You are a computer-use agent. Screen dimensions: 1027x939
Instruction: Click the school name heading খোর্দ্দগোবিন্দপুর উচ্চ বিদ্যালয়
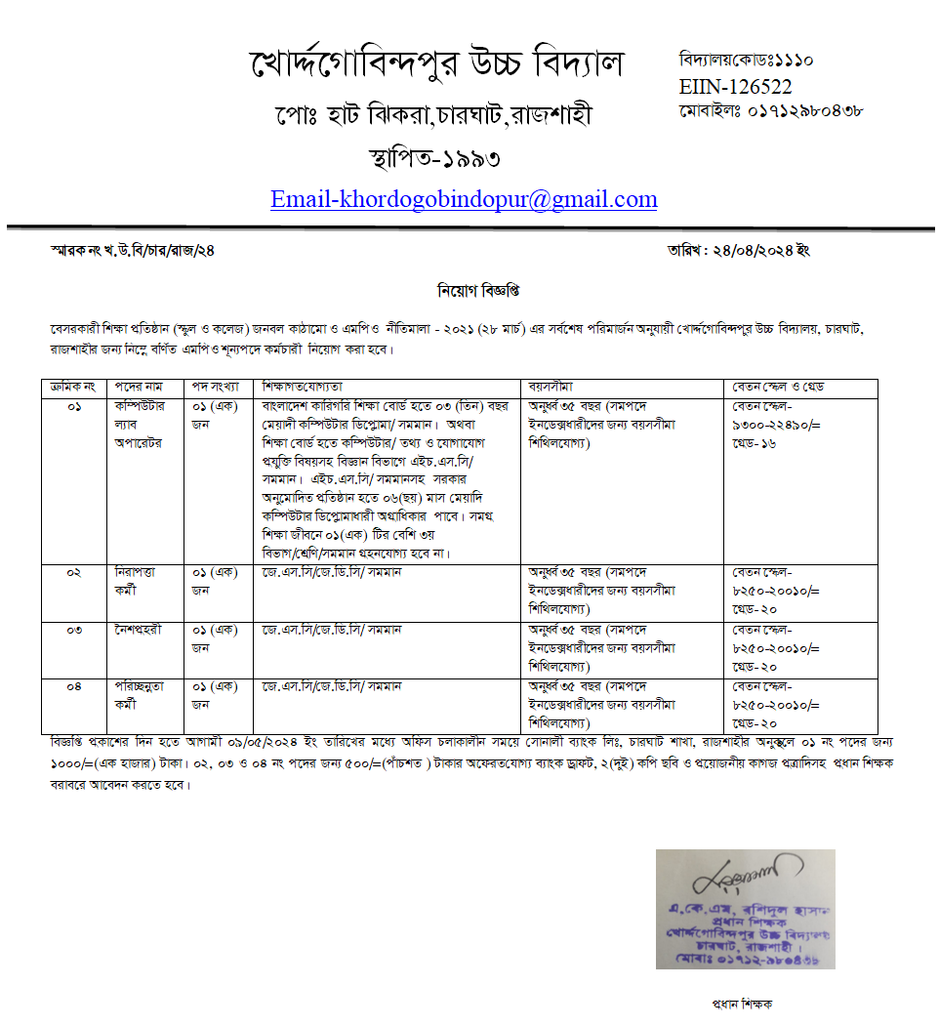(434, 66)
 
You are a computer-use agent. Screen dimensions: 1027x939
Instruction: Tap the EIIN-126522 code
(735, 87)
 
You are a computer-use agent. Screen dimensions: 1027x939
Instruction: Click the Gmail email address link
(464, 199)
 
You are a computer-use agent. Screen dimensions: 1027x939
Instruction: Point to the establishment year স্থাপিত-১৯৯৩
(435, 156)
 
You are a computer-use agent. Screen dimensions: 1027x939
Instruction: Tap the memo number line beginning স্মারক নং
(133, 251)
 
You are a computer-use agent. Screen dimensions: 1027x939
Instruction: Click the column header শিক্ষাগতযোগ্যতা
(302, 388)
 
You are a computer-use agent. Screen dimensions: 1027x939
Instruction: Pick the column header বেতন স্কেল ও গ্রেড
(776, 388)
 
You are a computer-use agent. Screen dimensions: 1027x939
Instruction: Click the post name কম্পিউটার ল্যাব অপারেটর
(142, 424)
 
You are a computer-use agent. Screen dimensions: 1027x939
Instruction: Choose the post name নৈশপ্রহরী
(139, 630)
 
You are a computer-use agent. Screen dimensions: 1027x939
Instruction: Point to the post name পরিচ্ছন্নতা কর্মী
(141, 695)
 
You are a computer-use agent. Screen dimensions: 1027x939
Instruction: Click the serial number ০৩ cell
(74, 630)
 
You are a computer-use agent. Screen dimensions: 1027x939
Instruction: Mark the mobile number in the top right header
(771, 111)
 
